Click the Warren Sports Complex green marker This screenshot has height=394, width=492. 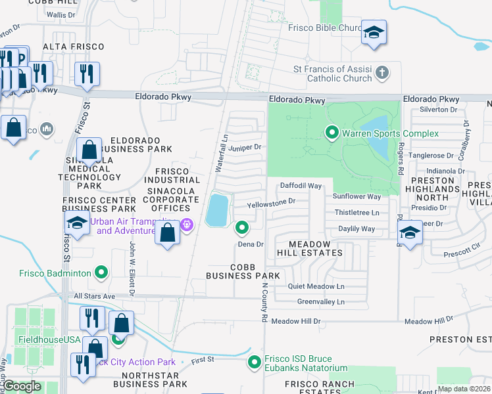[x=332, y=134]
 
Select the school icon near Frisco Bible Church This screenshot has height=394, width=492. [x=374, y=33]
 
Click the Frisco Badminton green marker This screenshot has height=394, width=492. [x=101, y=272]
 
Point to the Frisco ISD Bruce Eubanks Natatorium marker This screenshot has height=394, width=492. [x=255, y=362]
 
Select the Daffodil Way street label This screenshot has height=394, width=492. [x=301, y=186]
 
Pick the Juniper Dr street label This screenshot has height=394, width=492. [x=247, y=148]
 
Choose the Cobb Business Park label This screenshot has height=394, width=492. [x=245, y=271]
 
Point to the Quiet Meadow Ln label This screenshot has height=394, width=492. [x=316, y=286]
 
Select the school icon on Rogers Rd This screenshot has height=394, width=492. [x=410, y=233]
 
